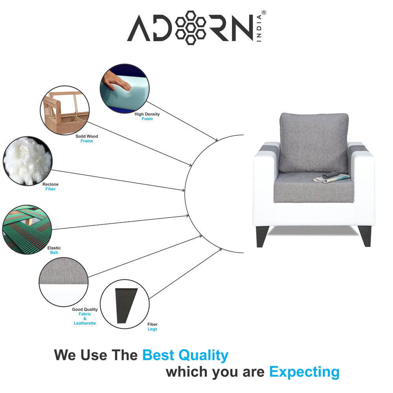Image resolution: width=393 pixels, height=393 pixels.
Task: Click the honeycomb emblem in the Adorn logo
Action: click(191, 28)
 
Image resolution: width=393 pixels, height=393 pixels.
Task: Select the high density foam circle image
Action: click(125, 89)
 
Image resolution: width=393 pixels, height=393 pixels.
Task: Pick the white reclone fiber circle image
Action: click(27, 161)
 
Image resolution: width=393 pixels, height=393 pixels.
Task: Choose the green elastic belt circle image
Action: click(27, 229)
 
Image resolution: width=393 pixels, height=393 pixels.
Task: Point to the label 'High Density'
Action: click(147, 114)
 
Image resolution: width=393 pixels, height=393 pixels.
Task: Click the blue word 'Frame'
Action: click(86, 141)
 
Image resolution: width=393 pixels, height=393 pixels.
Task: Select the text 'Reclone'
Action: click(50, 184)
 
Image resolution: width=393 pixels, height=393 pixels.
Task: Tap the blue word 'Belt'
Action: click(54, 253)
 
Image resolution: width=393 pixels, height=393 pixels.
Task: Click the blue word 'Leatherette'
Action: click(84, 323)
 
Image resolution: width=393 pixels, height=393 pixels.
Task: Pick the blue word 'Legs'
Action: click(152, 329)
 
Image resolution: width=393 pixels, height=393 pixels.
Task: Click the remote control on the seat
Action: click(331, 176)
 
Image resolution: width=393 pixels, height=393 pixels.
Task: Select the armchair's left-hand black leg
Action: click(261, 237)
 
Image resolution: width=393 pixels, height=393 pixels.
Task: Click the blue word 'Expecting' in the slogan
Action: click(304, 371)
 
